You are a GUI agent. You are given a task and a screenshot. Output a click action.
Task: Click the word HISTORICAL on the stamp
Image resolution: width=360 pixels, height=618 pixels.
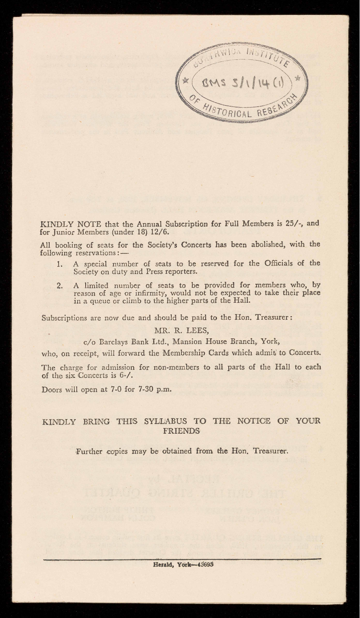[228, 111]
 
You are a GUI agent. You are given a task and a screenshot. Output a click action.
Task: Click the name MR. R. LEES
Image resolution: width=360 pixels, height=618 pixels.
[180, 329]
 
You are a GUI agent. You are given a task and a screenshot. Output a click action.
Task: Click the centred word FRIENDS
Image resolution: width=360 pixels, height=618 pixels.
[180, 431]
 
